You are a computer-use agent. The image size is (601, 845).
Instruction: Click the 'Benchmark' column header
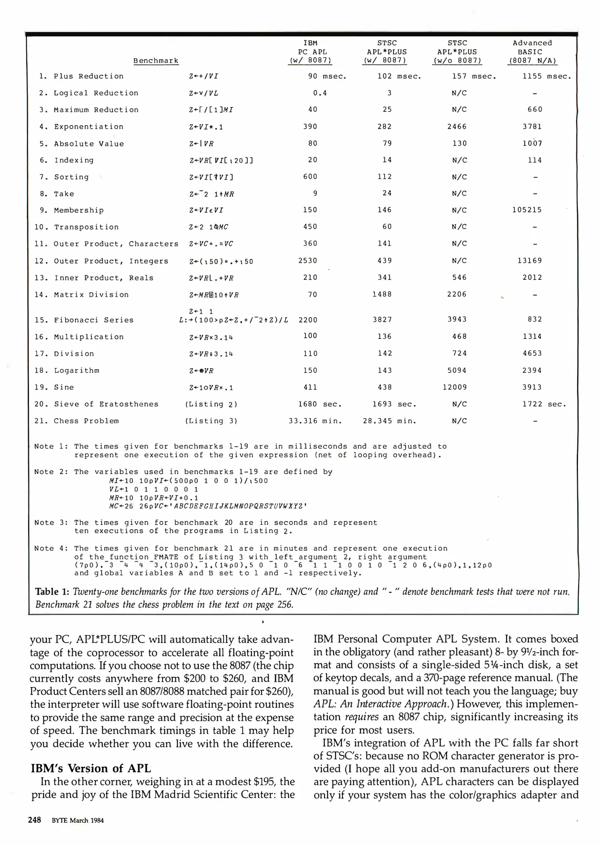click(x=156, y=61)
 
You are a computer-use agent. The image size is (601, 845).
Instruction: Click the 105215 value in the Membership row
click(x=527, y=210)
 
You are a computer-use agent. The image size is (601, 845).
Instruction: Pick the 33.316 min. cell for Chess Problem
click(x=315, y=421)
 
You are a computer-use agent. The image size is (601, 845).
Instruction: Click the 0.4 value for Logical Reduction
click(x=320, y=93)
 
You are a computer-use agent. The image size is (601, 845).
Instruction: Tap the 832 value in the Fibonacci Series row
click(x=534, y=319)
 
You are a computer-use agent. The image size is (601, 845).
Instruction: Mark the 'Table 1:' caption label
click(x=52, y=591)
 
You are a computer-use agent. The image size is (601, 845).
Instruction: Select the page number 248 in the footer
click(x=34, y=820)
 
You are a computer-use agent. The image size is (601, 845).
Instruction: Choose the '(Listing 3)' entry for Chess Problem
click(x=211, y=421)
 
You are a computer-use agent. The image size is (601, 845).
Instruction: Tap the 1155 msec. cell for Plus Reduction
click(x=547, y=76)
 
